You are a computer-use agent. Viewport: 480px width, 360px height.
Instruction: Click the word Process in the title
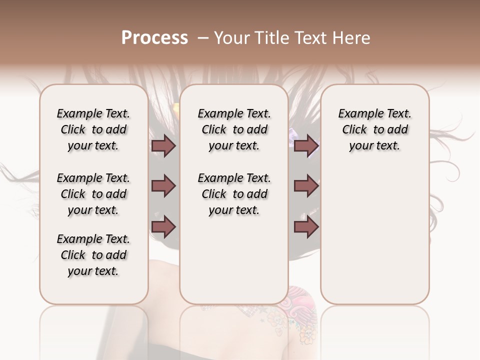154,38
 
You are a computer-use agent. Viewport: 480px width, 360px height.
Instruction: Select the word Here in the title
351,38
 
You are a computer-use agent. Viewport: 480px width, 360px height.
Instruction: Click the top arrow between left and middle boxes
163,146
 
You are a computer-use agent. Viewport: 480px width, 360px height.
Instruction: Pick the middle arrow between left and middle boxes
163,186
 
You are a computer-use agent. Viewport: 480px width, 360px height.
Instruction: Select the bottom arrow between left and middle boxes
163,226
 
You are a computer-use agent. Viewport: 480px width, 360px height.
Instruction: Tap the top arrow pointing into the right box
306,146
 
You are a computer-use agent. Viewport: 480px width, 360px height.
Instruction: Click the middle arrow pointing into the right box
306,186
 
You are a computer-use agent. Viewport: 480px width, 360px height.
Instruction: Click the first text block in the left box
93,129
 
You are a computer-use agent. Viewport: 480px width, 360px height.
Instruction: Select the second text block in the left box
93,194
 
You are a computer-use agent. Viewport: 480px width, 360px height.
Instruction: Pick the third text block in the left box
93,255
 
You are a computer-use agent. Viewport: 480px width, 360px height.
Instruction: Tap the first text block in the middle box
234,129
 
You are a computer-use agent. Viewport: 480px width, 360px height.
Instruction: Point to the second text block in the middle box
234,194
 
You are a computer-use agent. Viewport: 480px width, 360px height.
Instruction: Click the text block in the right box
374,129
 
